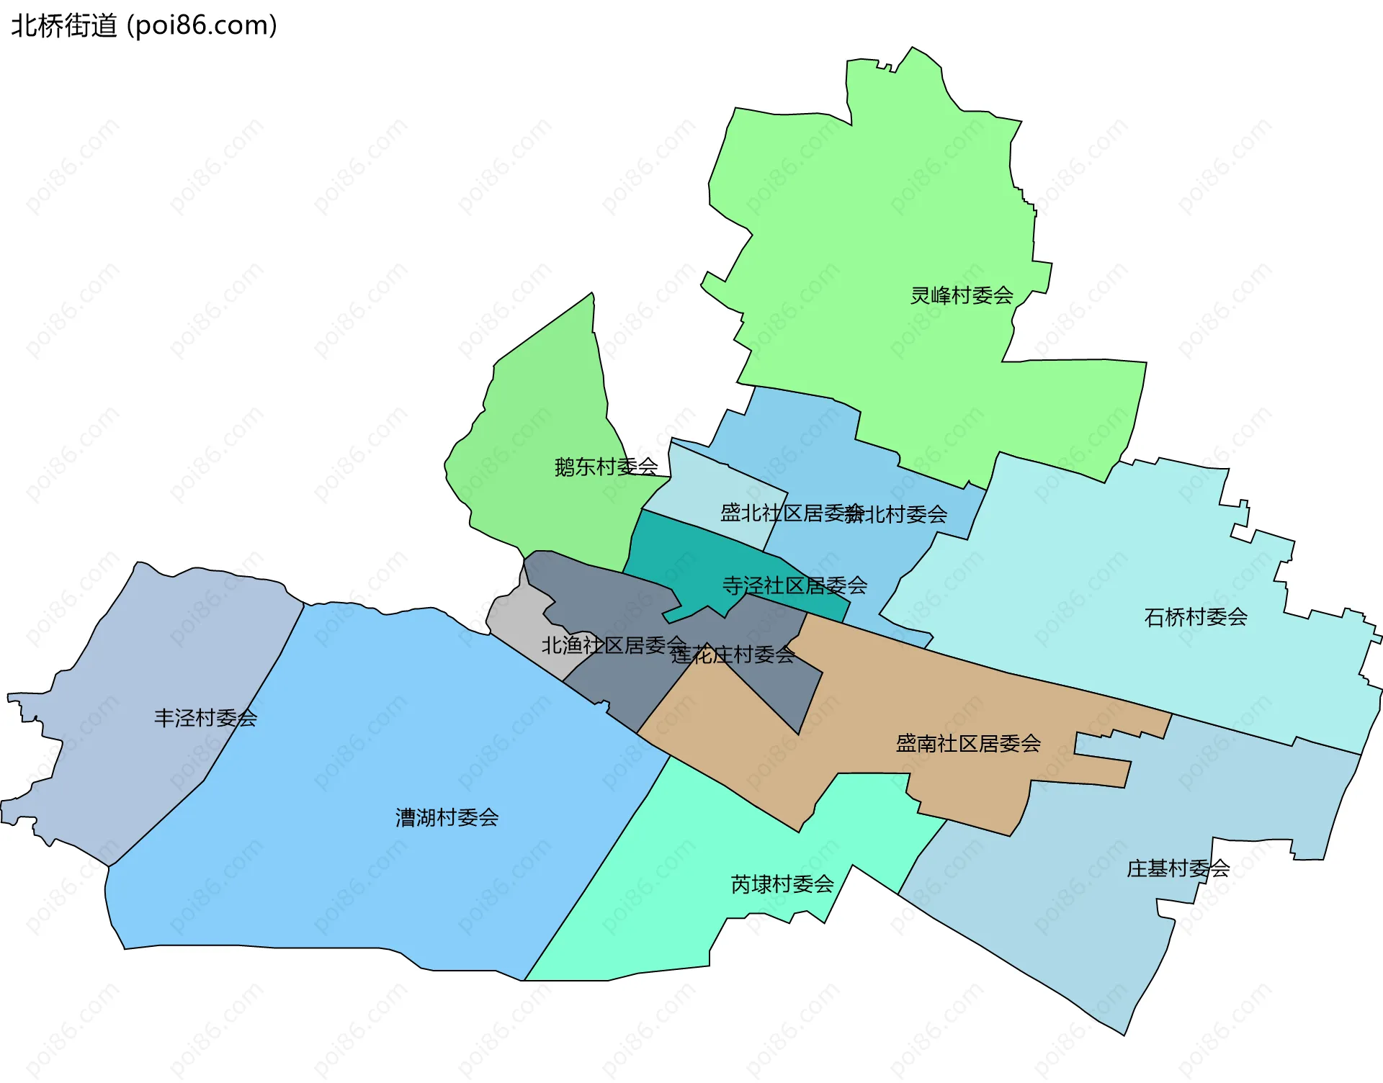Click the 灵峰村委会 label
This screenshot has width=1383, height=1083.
tap(962, 295)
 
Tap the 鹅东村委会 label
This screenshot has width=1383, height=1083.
tap(606, 467)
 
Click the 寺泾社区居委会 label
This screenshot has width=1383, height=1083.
tap(795, 585)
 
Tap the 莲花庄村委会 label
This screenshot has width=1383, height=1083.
tap(733, 655)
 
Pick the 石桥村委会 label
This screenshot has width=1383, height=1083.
tap(1196, 617)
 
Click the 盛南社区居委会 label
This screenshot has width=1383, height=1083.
tap(968, 743)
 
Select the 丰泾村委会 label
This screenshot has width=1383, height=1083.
tap(205, 718)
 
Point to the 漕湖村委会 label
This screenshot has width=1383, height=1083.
tap(447, 817)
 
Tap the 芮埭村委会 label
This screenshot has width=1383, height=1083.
tap(782, 884)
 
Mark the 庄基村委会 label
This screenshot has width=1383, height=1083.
tap(1178, 868)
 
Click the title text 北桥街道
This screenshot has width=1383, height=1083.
tap(64, 26)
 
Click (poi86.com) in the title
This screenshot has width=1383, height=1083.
tap(202, 26)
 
